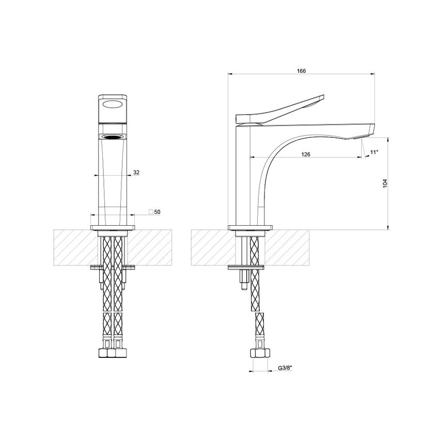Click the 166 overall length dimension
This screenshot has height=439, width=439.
click(302, 71)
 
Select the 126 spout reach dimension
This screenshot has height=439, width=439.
click(305, 153)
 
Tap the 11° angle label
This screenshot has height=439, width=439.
click(374, 152)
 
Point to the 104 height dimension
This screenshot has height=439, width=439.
click(385, 183)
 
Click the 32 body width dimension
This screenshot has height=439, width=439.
click(136, 173)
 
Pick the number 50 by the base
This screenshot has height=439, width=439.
click(158, 212)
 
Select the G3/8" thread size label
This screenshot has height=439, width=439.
click(286, 368)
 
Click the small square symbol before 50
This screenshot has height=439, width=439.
click(151, 212)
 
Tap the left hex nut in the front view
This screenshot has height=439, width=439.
click(106, 354)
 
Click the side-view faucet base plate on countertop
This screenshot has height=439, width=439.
click(250, 227)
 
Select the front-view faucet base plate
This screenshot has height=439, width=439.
click(112, 227)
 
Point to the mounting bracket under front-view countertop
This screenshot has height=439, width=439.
click(112, 267)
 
